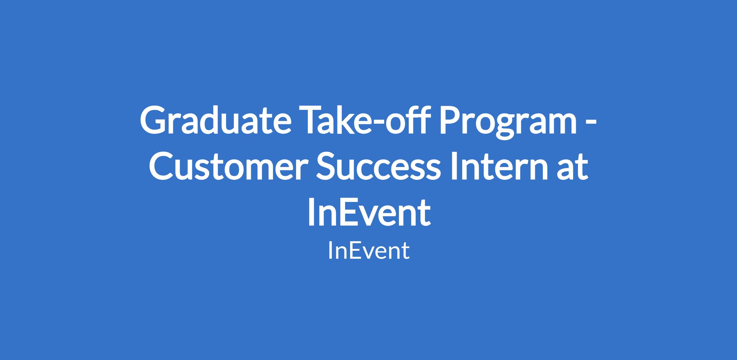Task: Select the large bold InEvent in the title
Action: coord(369,212)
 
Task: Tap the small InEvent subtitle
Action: coord(369,250)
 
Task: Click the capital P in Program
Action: coord(451,120)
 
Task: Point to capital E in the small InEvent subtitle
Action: coord(354,250)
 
